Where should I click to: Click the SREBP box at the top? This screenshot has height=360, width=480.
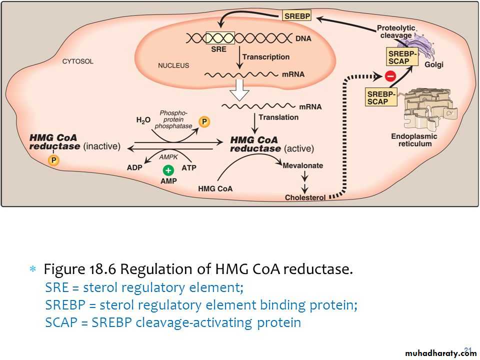297,16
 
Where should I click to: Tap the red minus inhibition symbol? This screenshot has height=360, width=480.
390,76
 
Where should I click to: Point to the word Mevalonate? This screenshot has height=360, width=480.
303,165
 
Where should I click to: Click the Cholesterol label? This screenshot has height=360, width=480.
305,197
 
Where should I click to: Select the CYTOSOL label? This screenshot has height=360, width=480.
77,62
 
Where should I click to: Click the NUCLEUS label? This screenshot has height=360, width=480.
173,65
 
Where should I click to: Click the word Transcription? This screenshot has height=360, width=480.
266,57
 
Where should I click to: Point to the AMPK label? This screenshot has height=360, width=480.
165,157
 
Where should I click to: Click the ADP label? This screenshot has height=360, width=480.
134,167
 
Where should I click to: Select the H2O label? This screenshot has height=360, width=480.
143,120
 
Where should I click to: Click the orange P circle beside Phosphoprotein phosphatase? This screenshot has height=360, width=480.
203,121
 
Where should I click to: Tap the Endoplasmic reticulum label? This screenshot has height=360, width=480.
414,140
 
